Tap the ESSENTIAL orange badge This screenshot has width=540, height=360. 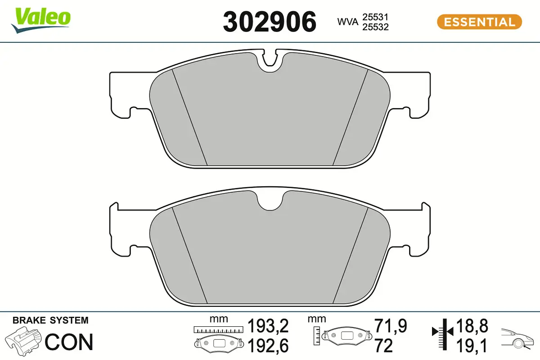[x=479, y=22]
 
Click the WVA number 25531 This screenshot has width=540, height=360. [x=376, y=17]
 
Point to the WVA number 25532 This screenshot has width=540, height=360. [x=376, y=27]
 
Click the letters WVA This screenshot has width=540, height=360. [x=347, y=22]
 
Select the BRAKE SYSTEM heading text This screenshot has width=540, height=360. [x=50, y=320]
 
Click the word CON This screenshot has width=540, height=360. [x=69, y=342]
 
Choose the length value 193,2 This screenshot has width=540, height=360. [x=268, y=325]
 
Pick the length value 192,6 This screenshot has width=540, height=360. [x=268, y=346]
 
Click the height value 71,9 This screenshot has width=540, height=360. [x=390, y=325]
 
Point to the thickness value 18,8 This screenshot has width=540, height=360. [x=472, y=325]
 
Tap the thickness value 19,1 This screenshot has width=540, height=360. [x=472, y=345]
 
